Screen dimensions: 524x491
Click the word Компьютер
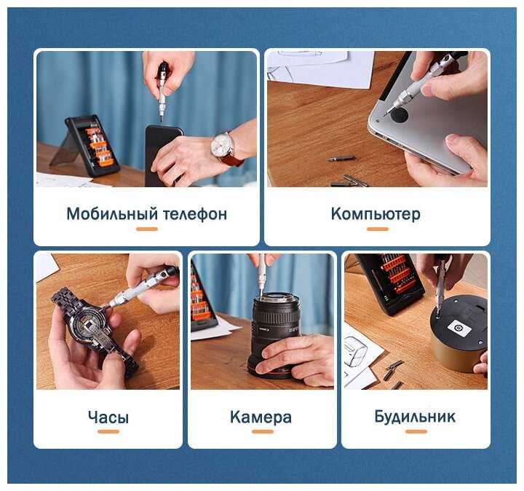tap(376, 213)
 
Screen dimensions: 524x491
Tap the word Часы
tap(108, 417)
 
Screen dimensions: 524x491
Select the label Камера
tap(261, 417)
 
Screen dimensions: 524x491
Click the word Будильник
tap(415, 417)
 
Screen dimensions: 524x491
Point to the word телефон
tap(195, 214)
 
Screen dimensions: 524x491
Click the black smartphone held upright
tap(162, 155)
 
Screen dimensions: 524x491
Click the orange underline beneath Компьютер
tap(378, 229)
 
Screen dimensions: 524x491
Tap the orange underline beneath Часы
tap(108, 431)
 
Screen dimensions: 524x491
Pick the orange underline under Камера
tap(263, 431)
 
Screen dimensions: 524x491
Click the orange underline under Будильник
tap(416, 431)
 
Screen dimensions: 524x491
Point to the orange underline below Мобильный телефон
tap(147, 229)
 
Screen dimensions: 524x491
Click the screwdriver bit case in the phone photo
tap(92, 146)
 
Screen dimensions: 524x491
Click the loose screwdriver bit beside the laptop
tap(341, 158)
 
